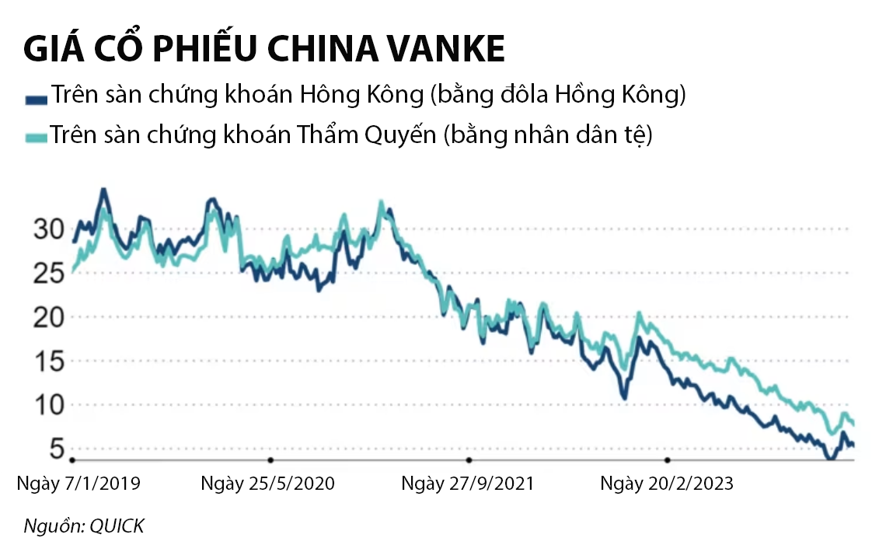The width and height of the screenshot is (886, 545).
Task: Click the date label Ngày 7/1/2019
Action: [x=78, y=484]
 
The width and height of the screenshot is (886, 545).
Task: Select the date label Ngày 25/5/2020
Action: [x=268, y=484]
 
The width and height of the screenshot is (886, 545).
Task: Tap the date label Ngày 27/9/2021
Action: [x=468, y=484]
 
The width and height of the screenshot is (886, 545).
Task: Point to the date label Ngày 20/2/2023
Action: [x=667, y=484]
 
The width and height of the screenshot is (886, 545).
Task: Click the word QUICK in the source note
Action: [x=117, y=526]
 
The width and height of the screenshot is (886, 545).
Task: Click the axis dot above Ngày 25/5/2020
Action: [x=270, y=460]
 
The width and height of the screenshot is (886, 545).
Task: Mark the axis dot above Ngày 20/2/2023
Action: [x=668, y=460]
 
